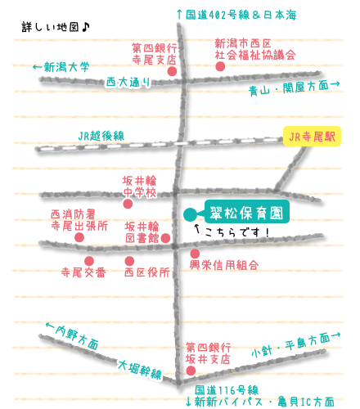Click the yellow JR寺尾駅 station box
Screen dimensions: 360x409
tap(312, 136)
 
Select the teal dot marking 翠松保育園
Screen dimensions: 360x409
tap(190, 214)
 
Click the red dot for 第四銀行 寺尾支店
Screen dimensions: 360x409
tap(172, 71)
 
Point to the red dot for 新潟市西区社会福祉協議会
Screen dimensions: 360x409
tap(220, 66)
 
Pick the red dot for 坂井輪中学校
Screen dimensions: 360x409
tap(128, 204)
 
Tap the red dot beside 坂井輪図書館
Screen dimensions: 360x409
tap(165, 238)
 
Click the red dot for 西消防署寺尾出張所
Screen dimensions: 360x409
tap(79, 237)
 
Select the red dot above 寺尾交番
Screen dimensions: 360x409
tap(89, 261)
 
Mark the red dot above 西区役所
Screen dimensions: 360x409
tap(129, 261)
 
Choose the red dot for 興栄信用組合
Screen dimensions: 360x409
tap(195, 254)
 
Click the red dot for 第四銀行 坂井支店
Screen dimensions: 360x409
tap(191, 371)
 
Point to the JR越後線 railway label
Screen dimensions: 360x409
tap(101, 136)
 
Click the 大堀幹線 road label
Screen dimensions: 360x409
tap(140, 370)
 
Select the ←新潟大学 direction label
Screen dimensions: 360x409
tap(61, 67)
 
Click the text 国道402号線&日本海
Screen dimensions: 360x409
tap(236, 15)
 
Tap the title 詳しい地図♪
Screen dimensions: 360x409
tap(56, 27)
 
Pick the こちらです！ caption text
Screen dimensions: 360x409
tap(232, 231)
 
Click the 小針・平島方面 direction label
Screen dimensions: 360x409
tap(295, 344)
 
